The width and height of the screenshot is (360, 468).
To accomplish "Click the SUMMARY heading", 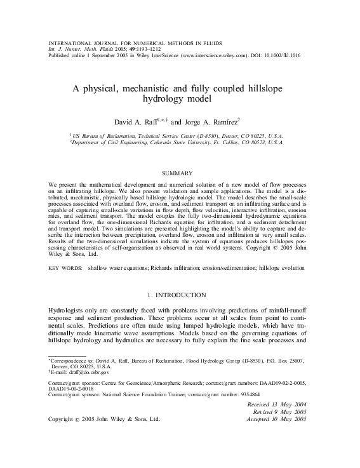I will click(180, 173).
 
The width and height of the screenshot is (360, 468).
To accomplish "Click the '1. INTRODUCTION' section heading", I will click(180, 295).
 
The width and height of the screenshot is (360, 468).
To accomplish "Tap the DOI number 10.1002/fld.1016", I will click(278, 55).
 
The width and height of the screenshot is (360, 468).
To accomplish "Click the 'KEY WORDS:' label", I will click(65, 269).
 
